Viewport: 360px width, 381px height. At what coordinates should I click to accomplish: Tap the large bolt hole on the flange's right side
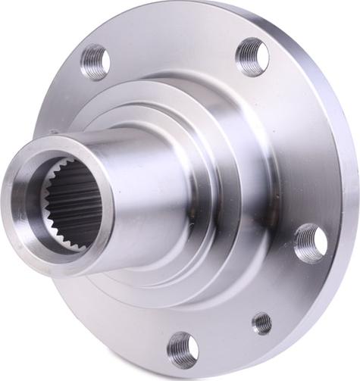coord(311,244)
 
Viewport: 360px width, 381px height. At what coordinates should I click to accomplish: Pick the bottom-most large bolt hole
coord(182,349)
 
